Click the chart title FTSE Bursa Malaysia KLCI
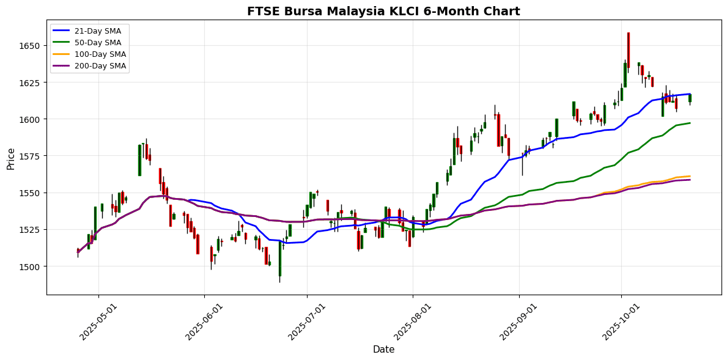point(383,11)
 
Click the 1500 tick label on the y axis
point(31,266)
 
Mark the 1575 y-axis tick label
point(31,156)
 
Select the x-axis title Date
point(383,350)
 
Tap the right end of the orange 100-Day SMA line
point(690,176)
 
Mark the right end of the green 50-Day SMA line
point(690,123)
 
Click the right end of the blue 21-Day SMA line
point(690,94)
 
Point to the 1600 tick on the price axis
point(31,119)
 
